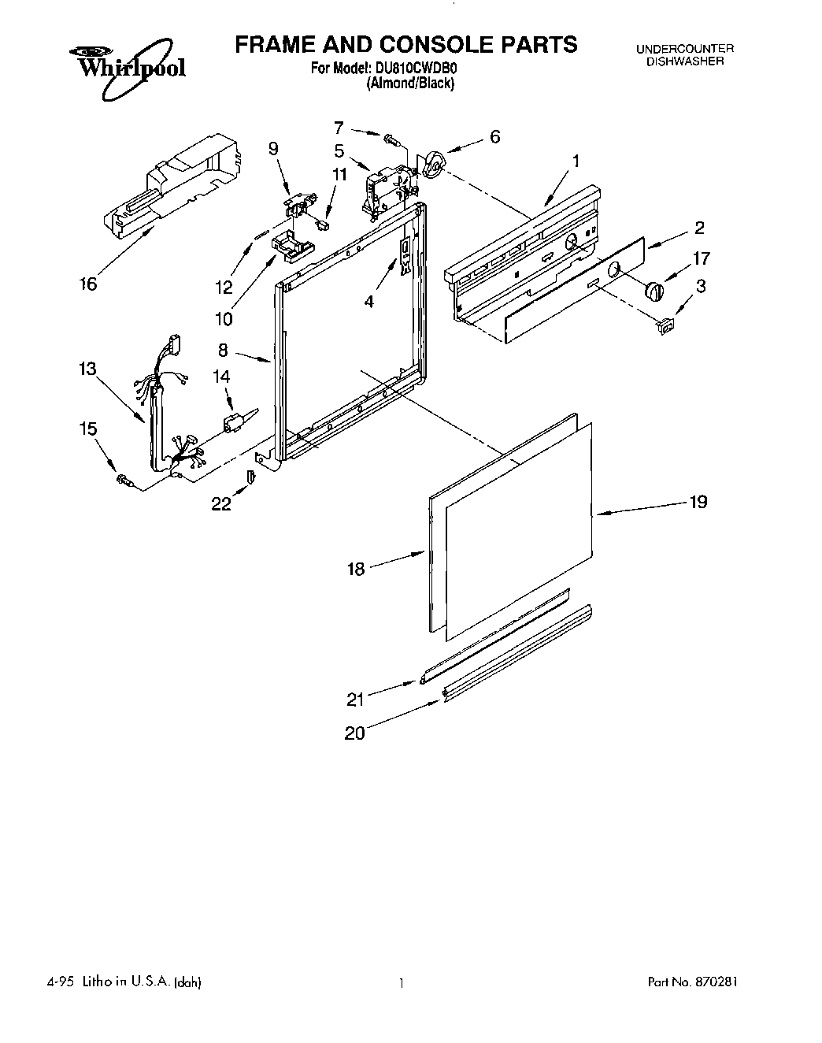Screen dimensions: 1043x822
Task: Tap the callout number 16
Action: (x=89, y=284)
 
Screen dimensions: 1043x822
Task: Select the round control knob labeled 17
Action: (x=654, y=290)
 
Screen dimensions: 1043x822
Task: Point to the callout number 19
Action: (x=698, y=502)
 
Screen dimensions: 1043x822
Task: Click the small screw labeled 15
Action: (x=122, y=479)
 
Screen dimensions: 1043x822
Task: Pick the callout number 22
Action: (x=221, y=504)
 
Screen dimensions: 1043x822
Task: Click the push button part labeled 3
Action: (x=665, y=325)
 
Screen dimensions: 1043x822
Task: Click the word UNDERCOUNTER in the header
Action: (x=684, y=49)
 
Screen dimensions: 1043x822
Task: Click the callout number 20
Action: (x=354, y=733)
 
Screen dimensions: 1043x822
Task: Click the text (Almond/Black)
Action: (x=409, y=84)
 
